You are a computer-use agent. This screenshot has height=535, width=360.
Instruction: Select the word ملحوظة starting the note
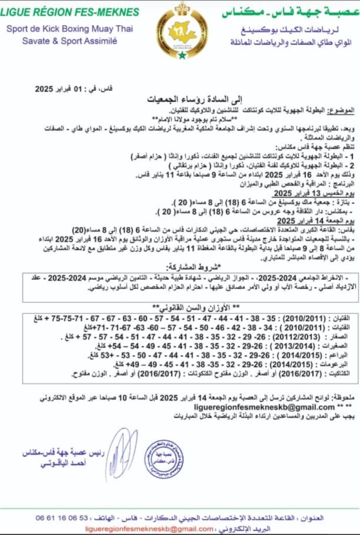pyautogui.click(x=344, y=398)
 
